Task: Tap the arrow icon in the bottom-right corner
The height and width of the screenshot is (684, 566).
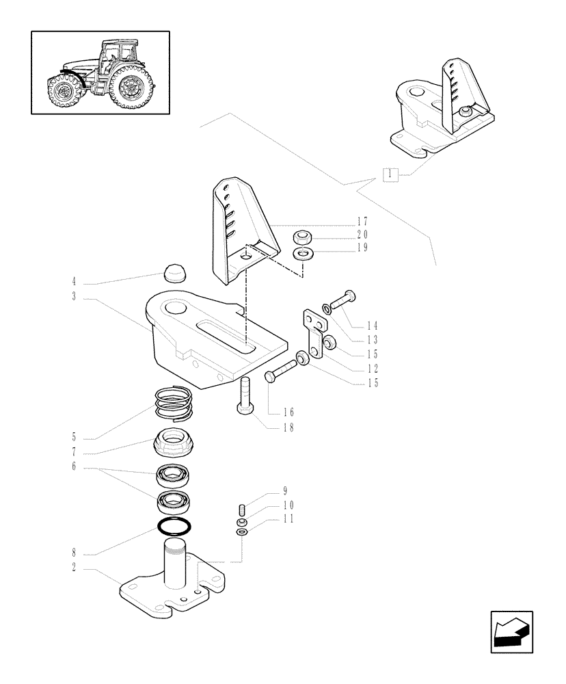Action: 511,631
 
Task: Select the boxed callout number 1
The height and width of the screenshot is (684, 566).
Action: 389,174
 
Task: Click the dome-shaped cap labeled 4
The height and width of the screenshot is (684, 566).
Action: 175,274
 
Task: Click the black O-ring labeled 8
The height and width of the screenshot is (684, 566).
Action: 174,527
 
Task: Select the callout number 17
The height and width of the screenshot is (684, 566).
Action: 362,222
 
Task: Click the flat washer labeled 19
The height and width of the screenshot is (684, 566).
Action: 303,255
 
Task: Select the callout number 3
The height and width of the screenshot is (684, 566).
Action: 73,298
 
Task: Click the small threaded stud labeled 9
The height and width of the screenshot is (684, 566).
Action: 242,510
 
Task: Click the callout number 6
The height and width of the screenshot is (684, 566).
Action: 73,468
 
